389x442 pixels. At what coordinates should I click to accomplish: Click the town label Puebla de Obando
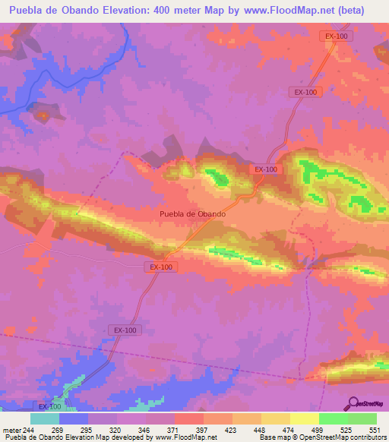pyautogui.click(x=192, y=214)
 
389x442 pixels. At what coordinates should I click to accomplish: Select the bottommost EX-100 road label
pyautogui.click(x=50, y=407)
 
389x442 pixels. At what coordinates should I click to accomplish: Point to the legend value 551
pyautogui.click(x=372, y=429)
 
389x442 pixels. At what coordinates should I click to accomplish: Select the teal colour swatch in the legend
pyautogui.click(x=45, y=418)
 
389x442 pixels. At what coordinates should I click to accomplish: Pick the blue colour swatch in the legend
pyautogui.click(x=74, y=418)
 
